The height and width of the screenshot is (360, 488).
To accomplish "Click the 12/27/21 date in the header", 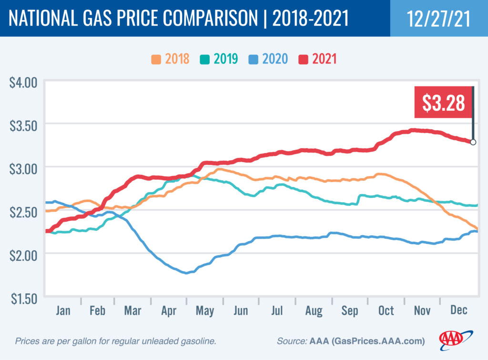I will pos(439,18).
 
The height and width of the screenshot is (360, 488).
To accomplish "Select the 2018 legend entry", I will pos(170,59).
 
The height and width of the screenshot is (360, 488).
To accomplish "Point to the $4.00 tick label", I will pos(23,82).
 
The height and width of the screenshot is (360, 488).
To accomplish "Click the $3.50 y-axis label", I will pos(23,124).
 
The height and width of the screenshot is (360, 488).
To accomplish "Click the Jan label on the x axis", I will pos(63,310).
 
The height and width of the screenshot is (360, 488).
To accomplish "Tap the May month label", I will pos(205,310).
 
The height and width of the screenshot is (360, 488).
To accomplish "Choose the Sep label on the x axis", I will pos(350,310).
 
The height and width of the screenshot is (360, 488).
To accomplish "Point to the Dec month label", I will pos(458,310).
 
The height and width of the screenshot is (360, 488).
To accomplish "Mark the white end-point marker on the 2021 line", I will pos(473,142).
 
